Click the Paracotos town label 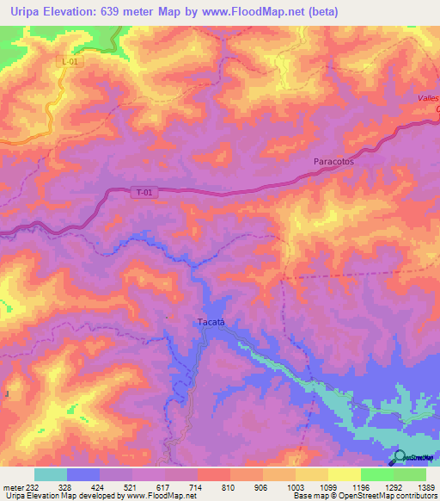333,161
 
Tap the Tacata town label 211,322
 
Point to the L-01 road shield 72,61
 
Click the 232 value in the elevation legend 29,486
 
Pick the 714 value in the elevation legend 197,486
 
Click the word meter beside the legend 10,486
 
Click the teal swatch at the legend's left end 51,474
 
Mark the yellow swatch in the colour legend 345,474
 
